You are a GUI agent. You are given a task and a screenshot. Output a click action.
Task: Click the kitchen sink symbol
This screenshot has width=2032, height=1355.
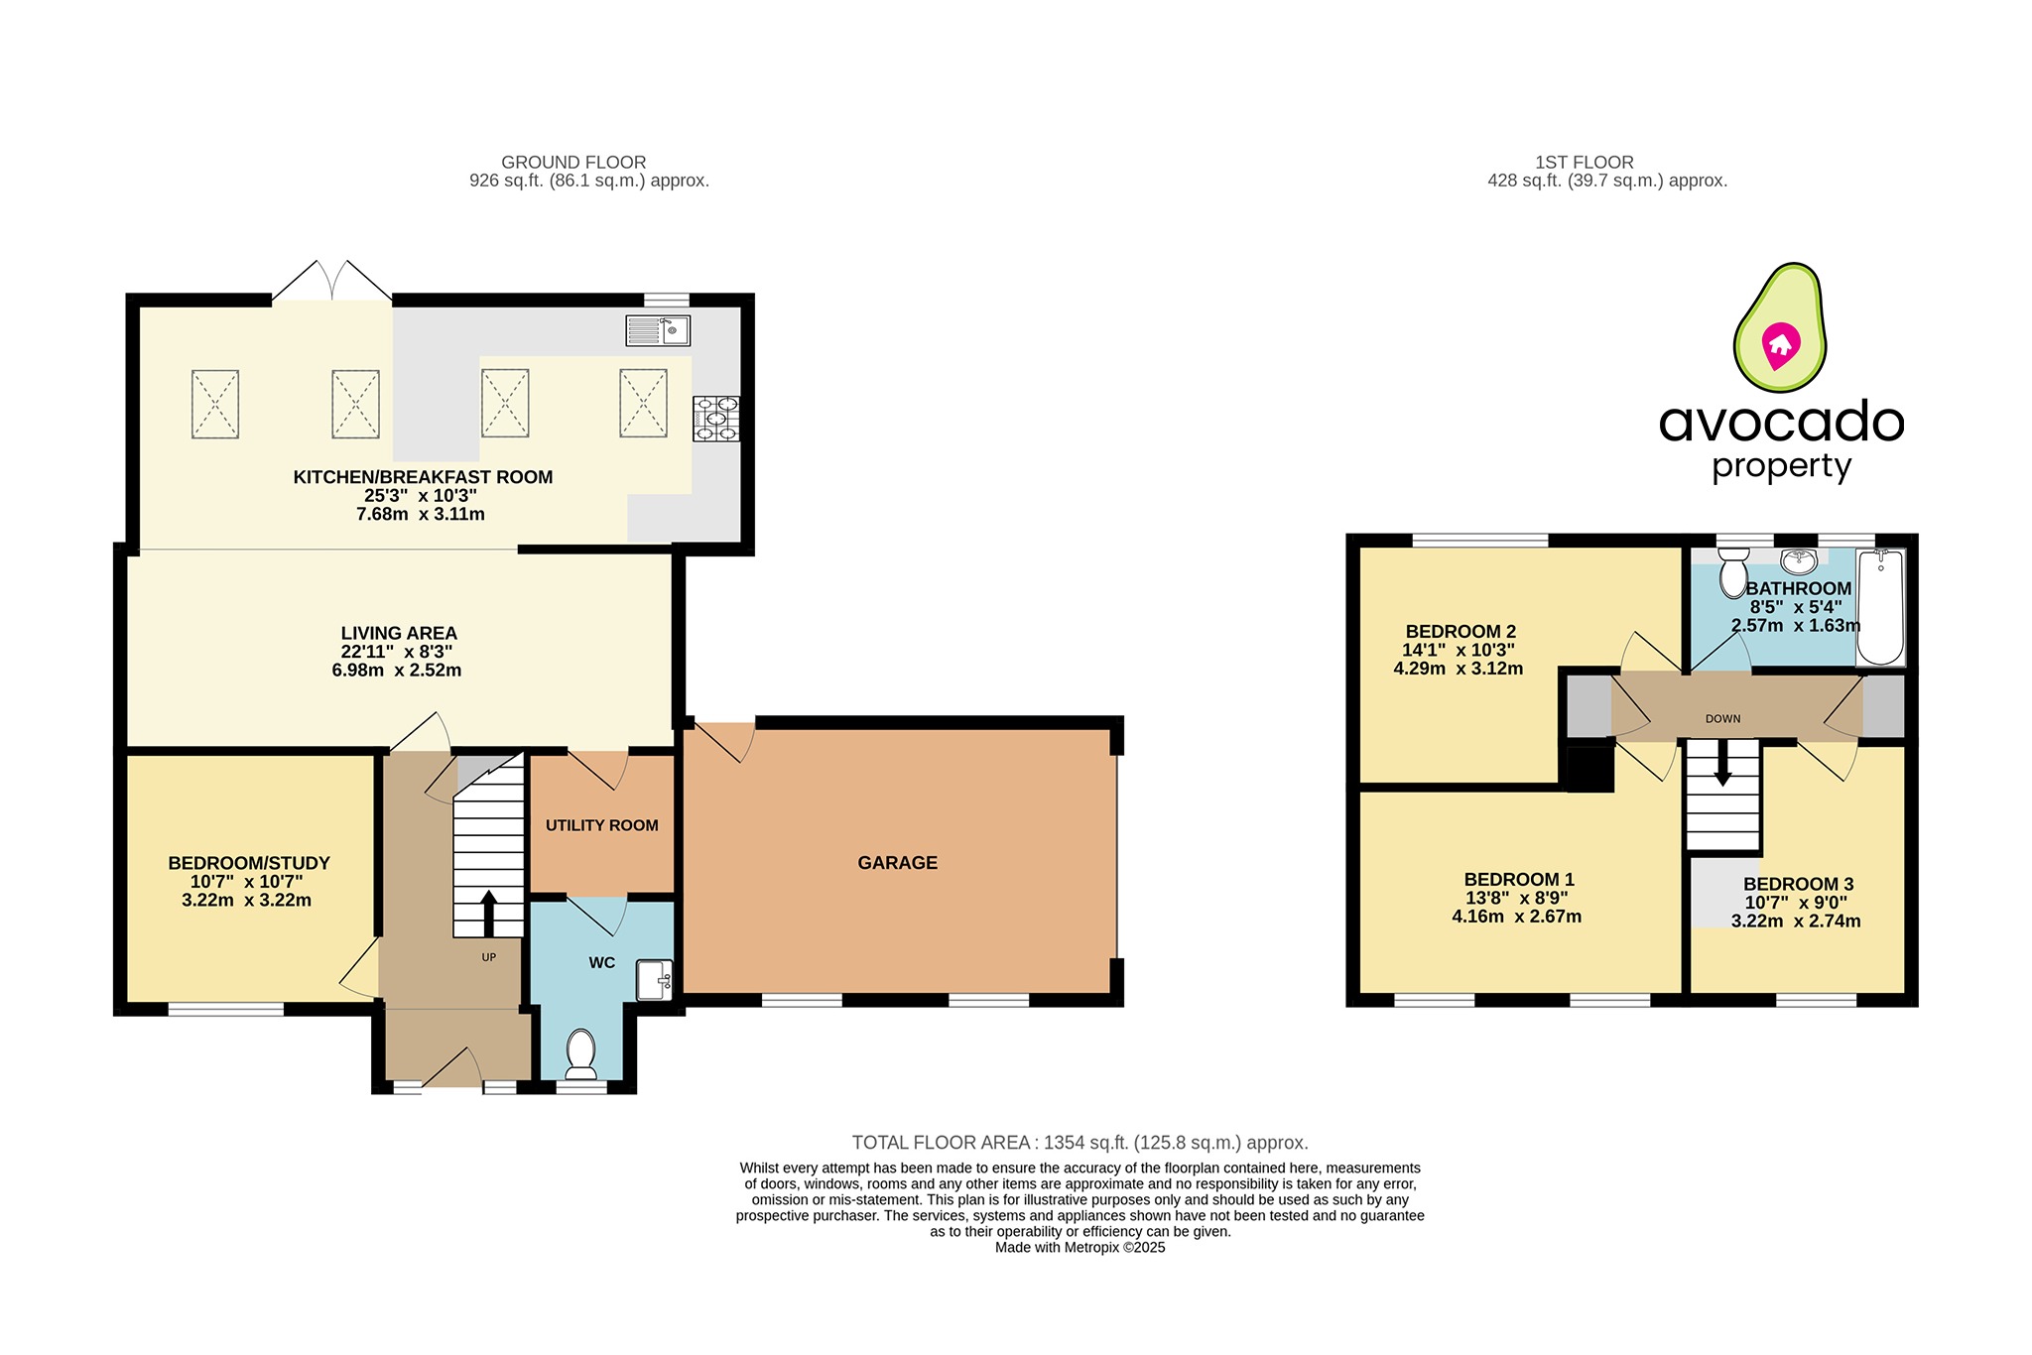tap(658, 330)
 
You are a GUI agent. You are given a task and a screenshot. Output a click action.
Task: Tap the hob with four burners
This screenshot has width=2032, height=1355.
tap(716, 419)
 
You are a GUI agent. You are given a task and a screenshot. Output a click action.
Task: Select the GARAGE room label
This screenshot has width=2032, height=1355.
tap(897, 863)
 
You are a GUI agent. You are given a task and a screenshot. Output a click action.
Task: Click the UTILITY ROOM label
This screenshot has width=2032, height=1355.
tap(601, 825)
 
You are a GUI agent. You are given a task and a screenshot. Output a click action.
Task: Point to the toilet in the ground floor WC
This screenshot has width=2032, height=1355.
tap(579, 1053)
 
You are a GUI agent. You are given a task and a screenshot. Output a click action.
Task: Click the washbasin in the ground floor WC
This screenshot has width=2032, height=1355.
tap(654, 980)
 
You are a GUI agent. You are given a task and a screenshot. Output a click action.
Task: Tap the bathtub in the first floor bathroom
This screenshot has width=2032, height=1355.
tap(1880, 606)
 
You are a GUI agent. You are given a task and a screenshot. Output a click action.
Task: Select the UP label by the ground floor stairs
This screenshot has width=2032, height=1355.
tap(488, 957)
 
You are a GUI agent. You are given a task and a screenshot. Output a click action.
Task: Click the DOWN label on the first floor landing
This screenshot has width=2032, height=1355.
tap(1722, 719)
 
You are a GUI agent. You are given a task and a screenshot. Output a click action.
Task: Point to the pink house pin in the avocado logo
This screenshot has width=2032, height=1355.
tap(1780, 346)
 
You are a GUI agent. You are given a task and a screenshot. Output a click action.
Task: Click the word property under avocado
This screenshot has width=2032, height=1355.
tap(1782, 466)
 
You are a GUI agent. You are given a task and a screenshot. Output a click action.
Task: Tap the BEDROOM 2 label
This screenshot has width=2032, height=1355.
tap(1460, 632)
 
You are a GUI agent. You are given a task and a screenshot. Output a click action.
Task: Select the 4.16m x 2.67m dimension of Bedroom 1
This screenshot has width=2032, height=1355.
tap(1516, 917)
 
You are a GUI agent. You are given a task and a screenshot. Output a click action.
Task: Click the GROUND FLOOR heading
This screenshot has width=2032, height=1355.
tap(573, 162)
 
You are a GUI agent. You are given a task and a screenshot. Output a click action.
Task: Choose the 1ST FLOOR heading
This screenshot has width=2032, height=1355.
tap(1584, 162)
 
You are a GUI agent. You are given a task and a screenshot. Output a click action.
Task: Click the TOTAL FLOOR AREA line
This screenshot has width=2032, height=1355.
tap(1079, 1143)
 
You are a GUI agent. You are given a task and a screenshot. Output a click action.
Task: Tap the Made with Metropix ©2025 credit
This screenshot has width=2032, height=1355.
tap(1079, 1248)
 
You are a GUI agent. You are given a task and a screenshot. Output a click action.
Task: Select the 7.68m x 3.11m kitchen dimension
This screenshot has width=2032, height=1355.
tap(421, 514)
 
